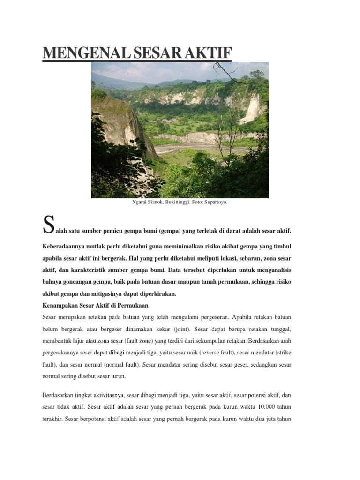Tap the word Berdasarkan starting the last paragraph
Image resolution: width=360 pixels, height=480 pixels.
click(59, 395)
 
